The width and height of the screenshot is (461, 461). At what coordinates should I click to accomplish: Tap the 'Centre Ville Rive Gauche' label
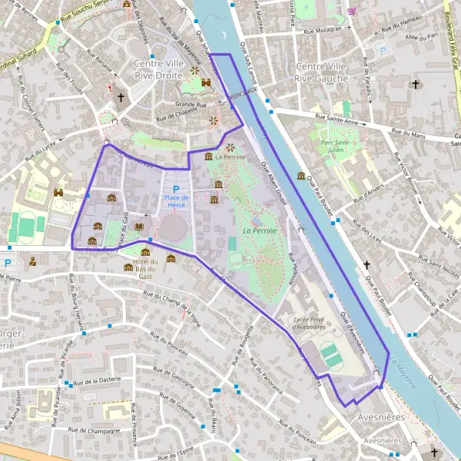[321, 72]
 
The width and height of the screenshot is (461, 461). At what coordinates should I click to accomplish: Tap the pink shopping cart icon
[351, 12]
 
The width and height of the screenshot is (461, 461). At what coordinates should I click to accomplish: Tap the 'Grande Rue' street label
[191, 104]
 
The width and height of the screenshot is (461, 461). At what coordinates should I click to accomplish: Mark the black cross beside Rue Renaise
[121, 98]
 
